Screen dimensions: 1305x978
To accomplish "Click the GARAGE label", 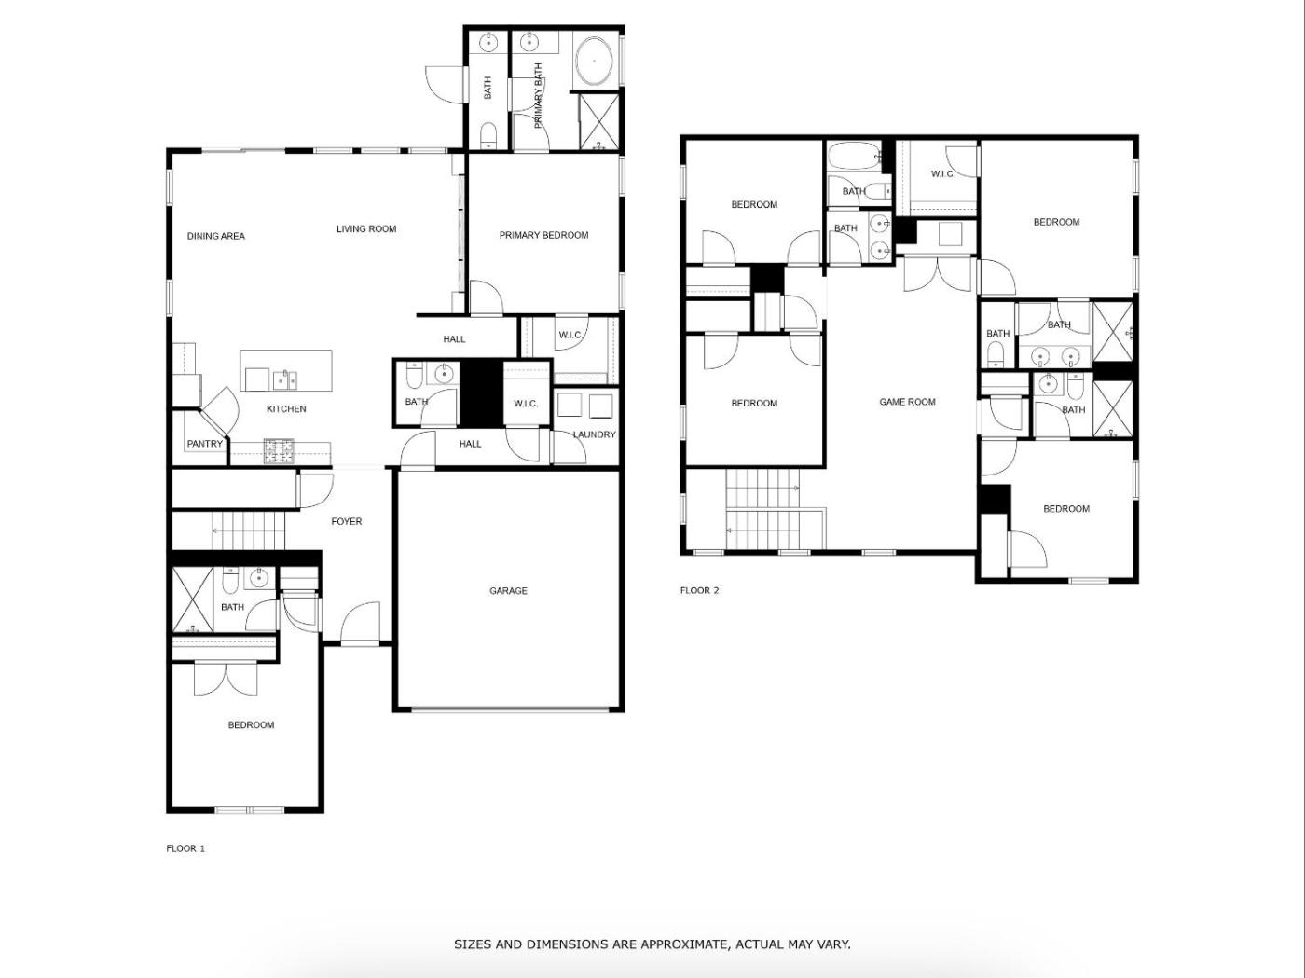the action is tap(508, 590).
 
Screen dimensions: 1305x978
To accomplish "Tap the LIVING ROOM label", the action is tap(366, 229).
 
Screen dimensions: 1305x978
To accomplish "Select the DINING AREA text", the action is tap(216, 236).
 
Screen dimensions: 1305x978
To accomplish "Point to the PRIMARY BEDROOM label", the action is tap(544, 236).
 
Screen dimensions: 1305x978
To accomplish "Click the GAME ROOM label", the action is tap(907, 402).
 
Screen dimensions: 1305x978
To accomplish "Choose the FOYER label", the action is tap(347, 521).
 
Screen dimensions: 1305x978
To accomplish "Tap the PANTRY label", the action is tap(205, 444).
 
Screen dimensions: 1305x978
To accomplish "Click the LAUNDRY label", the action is tap(594, 434).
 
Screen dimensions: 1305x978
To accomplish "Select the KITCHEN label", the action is tap(286, 409).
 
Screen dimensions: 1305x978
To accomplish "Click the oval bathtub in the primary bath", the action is tap(594, 62).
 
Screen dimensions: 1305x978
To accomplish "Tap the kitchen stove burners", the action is tap(279, 451).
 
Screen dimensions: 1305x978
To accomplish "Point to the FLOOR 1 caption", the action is tap(185, 848).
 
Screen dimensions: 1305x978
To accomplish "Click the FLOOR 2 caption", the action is tap(700, 590).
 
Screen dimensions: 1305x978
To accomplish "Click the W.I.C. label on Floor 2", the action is tap(943, 174).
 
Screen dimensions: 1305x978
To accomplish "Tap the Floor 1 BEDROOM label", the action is tap(252, 725).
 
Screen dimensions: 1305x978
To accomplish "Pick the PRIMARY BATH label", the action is tap(539, 96).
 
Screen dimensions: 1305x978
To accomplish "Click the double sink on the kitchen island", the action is tap(285, 379).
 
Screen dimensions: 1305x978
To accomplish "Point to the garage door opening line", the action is tap(510, 709).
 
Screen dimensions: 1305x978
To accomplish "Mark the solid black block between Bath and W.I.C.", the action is tap(482, 393).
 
